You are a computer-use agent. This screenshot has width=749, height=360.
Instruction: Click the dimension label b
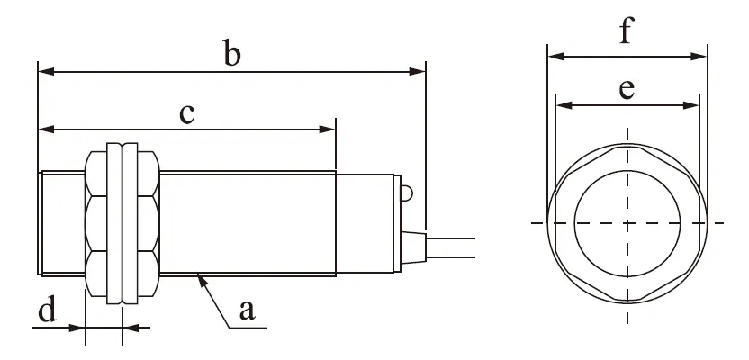232,55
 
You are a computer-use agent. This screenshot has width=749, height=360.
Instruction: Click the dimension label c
187,113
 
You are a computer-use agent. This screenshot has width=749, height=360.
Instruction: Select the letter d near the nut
47,311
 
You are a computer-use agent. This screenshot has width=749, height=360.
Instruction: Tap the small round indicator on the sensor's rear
406,192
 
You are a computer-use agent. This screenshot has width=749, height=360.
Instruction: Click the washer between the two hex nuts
113,220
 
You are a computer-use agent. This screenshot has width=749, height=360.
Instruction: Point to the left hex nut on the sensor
95,220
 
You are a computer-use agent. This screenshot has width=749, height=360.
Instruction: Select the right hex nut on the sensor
145,220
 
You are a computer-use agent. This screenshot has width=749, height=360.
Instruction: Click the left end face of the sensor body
41,220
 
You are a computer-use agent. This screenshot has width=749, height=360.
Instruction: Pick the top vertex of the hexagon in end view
627,145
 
